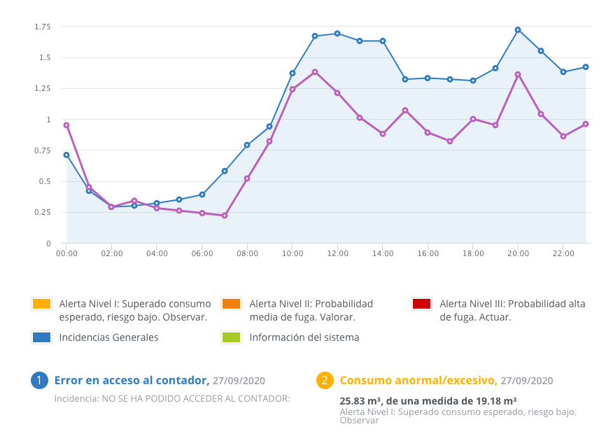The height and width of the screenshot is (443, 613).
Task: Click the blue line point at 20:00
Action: (x=518, y=29)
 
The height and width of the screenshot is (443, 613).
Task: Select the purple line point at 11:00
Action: (x=315, y=71)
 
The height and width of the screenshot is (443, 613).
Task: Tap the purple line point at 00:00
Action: (x=66, y=125)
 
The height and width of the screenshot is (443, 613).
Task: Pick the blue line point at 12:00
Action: (x=337, y=33)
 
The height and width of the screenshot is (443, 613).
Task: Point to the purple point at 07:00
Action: (x=225, y=216)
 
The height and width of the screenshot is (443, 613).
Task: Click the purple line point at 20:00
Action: (x=518, y=74)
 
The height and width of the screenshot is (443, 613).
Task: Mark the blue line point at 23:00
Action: (x=586, y=67)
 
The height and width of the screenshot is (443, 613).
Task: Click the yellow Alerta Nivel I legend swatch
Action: (x=41, y=304)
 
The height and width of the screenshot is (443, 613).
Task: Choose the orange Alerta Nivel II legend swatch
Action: (x=231, y=304)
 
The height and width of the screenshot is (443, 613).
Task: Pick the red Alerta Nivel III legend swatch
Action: (x=421, y=304)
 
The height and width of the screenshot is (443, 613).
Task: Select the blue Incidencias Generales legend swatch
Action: (x=41, y=337)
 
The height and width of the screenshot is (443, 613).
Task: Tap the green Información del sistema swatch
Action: (x=231, y=337)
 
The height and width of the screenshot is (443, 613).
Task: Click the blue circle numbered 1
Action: (x=39, y=381)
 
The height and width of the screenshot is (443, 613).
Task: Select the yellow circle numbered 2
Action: (x=324, y=381)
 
